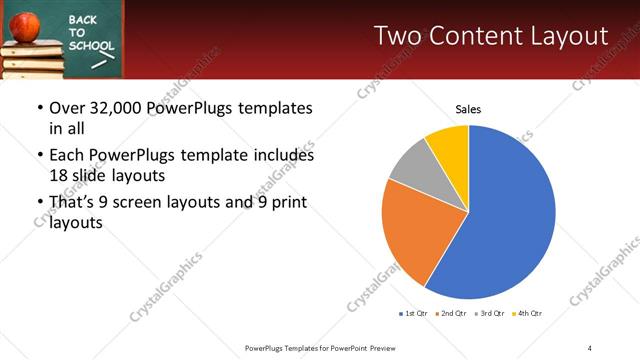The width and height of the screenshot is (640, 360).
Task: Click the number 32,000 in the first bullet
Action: coord(117,108)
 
